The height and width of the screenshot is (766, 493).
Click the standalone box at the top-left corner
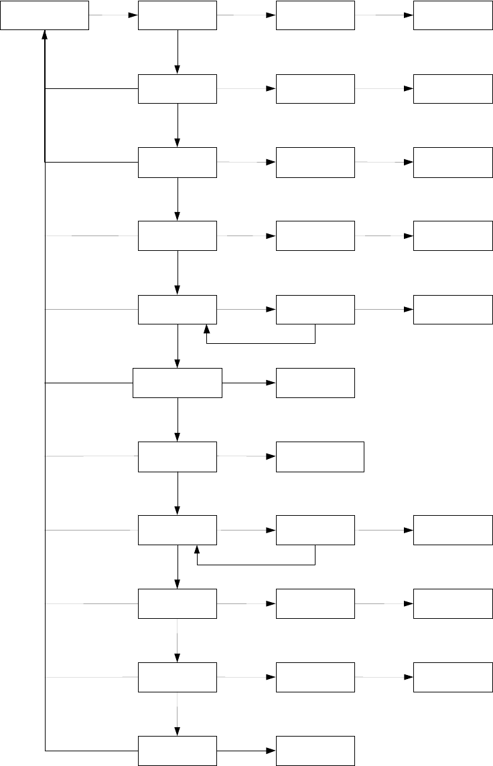point(44,15)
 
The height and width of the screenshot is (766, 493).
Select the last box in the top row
point(453,15)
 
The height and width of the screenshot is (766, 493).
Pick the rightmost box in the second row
point(453,89)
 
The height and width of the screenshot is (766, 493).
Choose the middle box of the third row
point(315,163)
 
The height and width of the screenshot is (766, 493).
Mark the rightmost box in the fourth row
point(453,236)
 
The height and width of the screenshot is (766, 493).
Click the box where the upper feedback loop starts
point(315,310)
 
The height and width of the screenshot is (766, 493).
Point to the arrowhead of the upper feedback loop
point(206,330)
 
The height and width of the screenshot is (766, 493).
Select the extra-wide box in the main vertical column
point(178,383)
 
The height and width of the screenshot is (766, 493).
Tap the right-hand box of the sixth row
point(315,383)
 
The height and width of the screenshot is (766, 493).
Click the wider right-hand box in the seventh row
point(320,457)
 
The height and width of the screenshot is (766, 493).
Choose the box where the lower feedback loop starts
point(315,531)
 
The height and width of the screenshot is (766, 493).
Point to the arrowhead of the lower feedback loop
point(198,551)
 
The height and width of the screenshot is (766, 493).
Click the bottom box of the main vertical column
point(178,751)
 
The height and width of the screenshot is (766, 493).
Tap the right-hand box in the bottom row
point(315,751)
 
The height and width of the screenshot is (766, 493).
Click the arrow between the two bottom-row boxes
point(246,751)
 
